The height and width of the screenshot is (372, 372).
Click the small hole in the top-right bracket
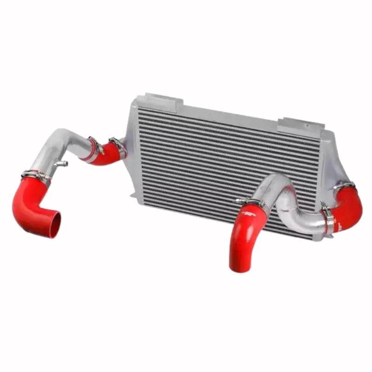tap(307, 125)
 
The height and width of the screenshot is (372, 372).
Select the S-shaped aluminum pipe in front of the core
tap(288, 205)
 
